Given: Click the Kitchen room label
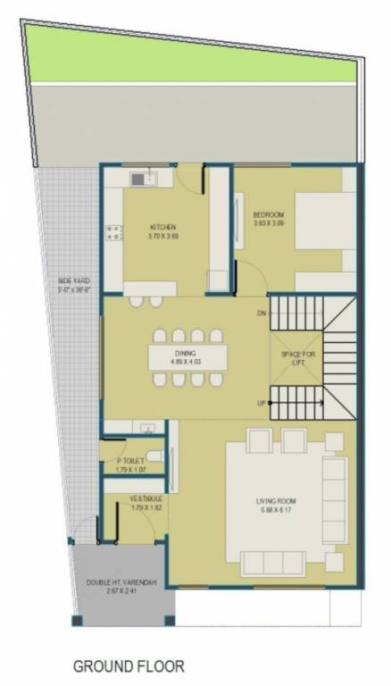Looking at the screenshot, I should point(162,227).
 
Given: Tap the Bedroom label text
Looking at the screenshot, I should point(268,214).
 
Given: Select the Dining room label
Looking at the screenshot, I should point(185,355).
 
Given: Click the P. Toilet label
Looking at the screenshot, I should point(130,461).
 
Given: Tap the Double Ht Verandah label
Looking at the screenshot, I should point(121,582).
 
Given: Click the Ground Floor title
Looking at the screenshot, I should point(129,665).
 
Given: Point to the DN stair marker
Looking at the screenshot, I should point(262,314).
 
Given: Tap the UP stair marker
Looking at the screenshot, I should point(262,404).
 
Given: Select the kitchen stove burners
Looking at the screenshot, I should point(114,235).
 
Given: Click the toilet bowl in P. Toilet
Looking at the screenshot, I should point(154,457).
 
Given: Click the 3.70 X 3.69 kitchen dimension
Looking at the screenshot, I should point(162,236).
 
